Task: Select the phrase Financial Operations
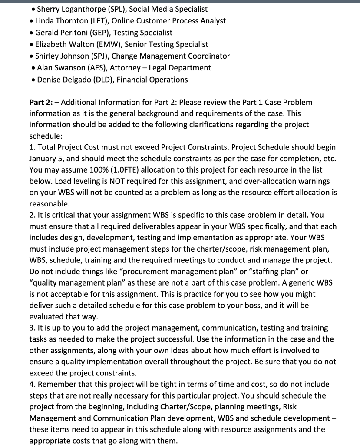(155, 80)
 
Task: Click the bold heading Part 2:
(40, 102)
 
